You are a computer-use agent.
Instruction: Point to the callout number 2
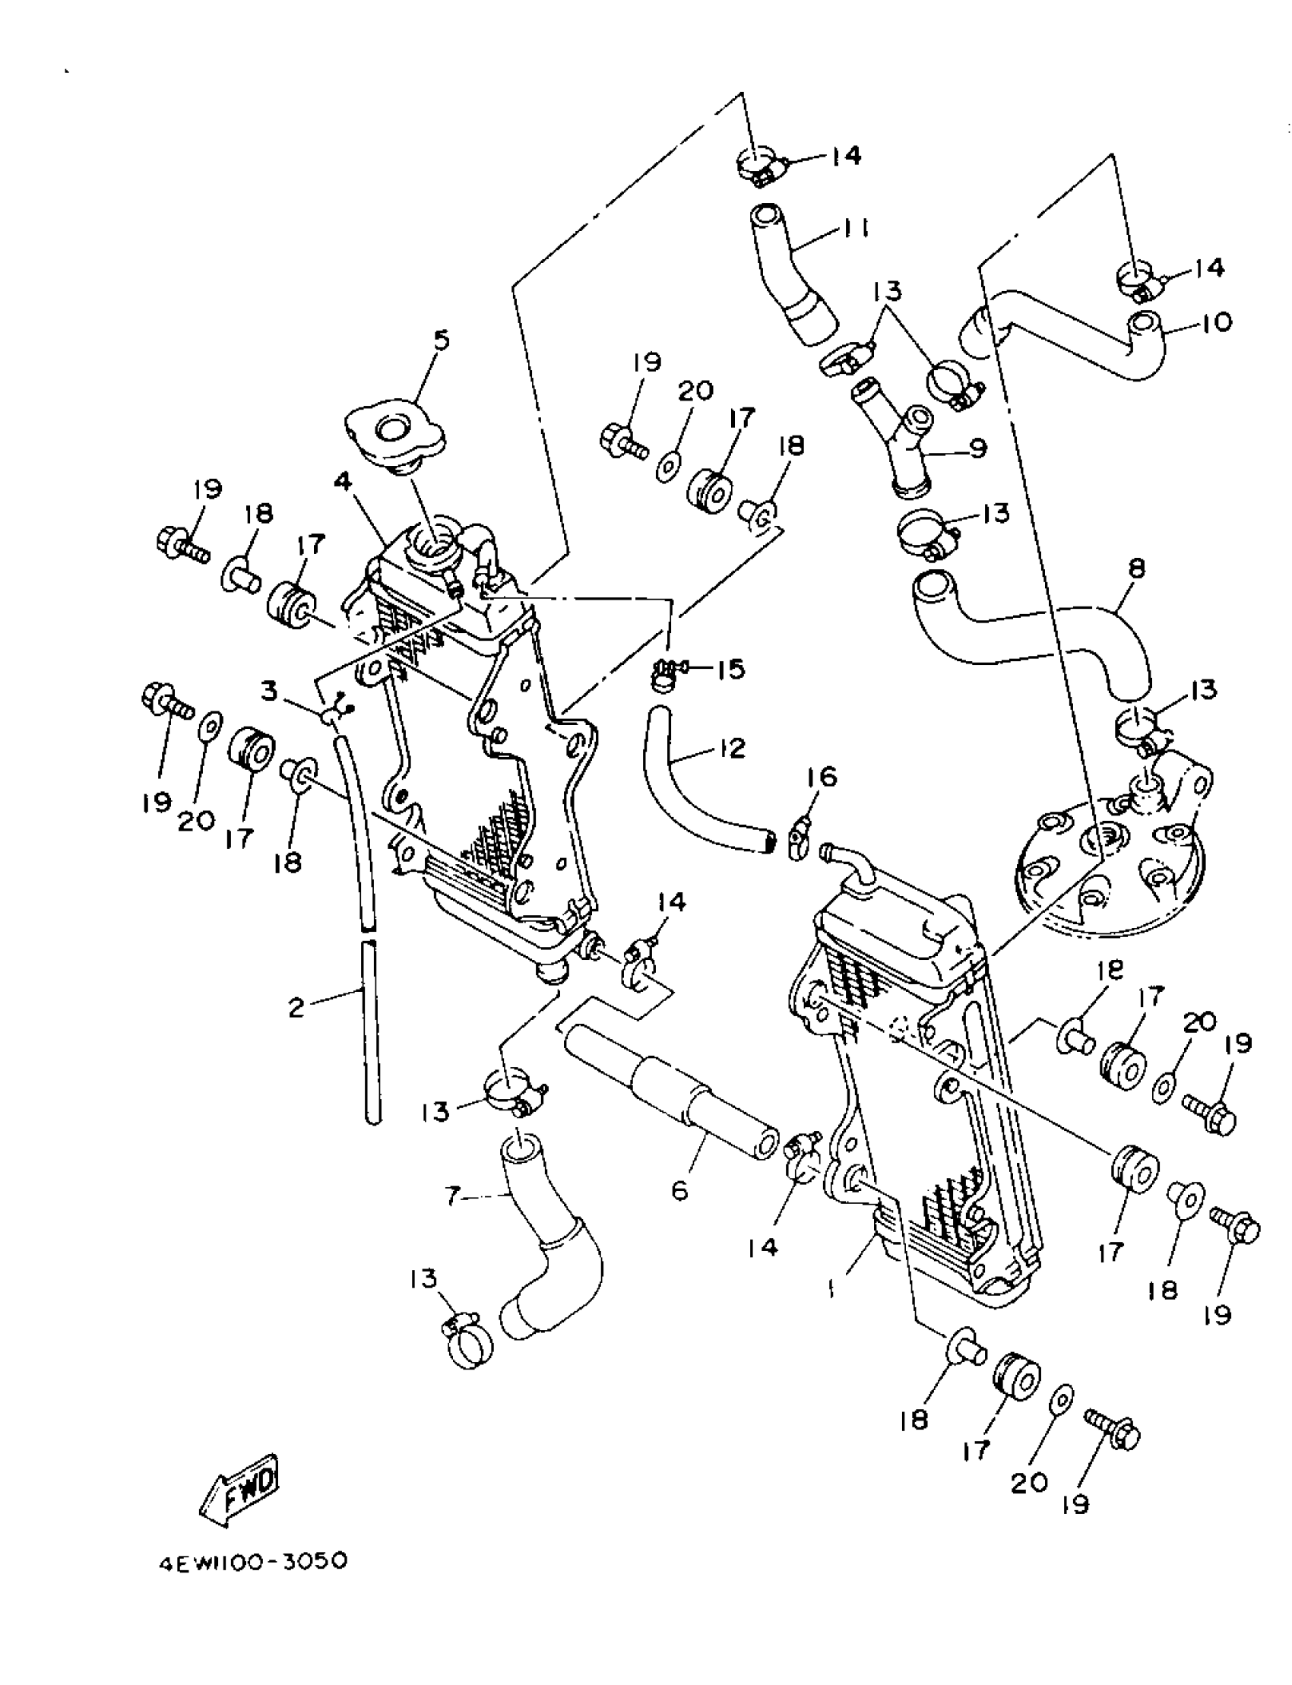point(297,1007)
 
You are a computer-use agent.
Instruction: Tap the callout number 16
point(822,778)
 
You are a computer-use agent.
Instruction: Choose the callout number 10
point(1216,321)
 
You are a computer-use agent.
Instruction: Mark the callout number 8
point(1138,569)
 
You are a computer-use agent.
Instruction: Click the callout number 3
point(268,692)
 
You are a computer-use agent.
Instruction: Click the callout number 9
point(977,447)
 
